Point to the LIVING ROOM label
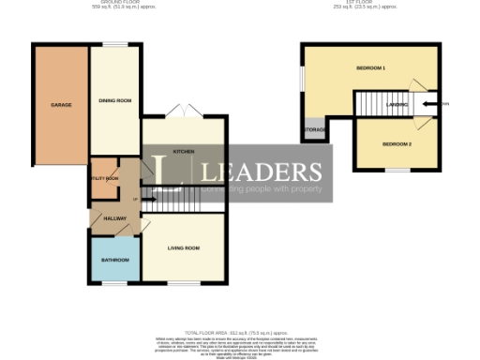(x=184, y=248)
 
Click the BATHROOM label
(x=114, y=260)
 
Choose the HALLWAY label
(x=114, y=218)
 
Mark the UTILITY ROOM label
(x=105, y=178)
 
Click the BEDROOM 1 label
(x=371, y=69)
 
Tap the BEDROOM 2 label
(x=397, y=144)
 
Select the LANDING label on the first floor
(x=397, y=105)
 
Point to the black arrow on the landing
(x=430, y=104)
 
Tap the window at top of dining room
(x=114, y=44)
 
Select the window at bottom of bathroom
(x=114, y=283)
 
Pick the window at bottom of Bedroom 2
(x=397, y=171)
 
